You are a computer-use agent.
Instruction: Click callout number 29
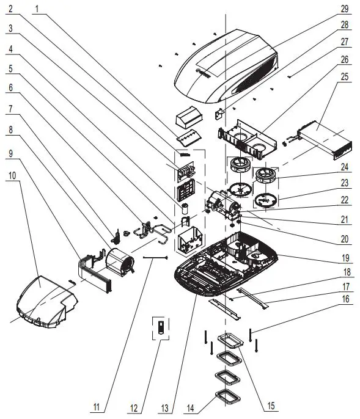point(345,9)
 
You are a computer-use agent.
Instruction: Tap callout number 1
point(37,9)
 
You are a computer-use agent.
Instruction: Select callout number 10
point(12,175)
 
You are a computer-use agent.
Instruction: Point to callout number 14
point(190,408)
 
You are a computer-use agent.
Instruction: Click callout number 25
point(345,77)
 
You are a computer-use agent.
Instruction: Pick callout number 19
point(345,258)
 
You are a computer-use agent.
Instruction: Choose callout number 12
point(134,408)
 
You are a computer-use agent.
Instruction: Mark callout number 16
point(345,299)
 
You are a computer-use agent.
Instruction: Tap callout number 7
point(10,109)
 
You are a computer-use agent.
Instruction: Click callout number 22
point(345,200)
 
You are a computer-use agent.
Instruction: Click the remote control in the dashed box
point(161,327)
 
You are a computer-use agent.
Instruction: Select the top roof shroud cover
point(226,66)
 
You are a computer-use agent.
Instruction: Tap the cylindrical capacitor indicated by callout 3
point(185,208)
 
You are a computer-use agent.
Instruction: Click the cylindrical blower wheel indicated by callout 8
point(120,263)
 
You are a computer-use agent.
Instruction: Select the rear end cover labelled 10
point(47,302)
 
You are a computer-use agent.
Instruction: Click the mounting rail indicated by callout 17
point(252,298)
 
